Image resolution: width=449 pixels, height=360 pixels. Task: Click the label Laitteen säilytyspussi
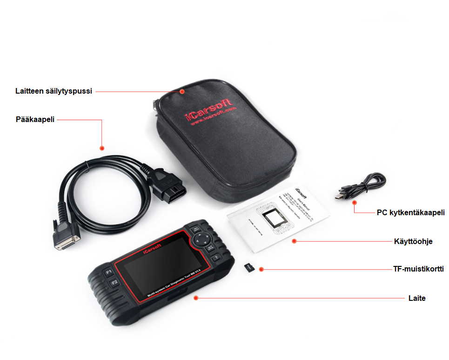click(x=54, y=91)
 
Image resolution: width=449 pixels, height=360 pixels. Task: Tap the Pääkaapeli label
click(x=35, y=119)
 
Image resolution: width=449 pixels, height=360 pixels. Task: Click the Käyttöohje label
click(x=413, y=241)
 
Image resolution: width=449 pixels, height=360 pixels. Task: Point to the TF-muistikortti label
click(x=418, y=269)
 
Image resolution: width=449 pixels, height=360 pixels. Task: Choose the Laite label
click(x=417, y=298)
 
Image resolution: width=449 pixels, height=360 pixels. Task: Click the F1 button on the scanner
click(x=109, y=271)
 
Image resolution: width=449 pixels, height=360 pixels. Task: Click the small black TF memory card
click(x=249, y=268)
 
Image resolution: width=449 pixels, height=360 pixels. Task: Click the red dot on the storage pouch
click(x=183, y=91)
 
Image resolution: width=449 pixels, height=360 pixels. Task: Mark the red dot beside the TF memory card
click(x=261, y=270)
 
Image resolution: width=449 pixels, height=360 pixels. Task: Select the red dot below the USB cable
click(x=355, y=203)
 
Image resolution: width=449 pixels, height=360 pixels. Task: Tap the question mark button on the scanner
click(x=215, y=258)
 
